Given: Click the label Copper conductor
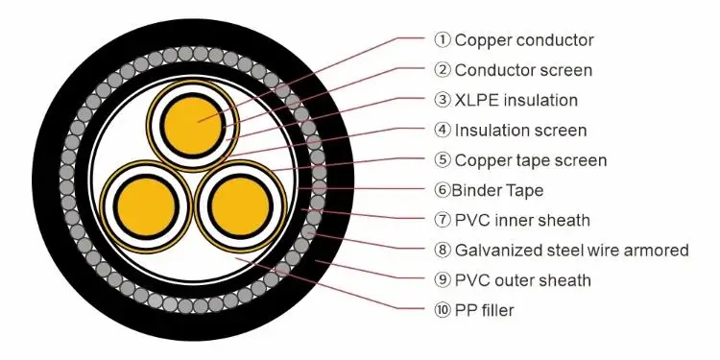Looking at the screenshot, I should [x=523, y=39].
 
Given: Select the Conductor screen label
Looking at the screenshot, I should [x=523, y=69].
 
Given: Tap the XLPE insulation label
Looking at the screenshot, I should [x=516, y=100].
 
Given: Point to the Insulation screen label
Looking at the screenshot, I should [x=520, y=130].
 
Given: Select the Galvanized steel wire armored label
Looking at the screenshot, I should [x=571, y=251].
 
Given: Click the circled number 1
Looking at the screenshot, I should [x=442, y=39].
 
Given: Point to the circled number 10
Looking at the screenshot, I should [x=442, y=311].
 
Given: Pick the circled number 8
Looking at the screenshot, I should [x=442, y=251].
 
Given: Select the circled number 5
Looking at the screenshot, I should [x=442, y=160].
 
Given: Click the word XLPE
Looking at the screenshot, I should [x=474, y=100].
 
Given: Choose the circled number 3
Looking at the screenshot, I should [x=442, y=100].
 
